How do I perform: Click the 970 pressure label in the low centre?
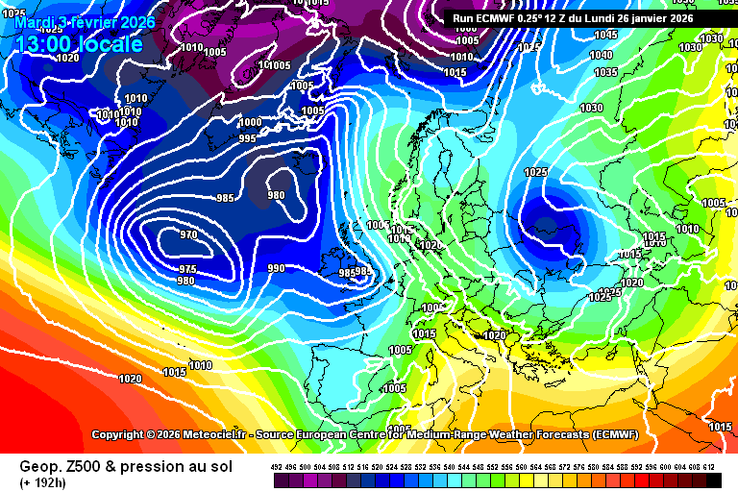pos(188,235)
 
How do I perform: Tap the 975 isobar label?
pos(188,269)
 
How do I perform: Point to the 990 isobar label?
pos(276,268)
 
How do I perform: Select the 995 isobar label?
pos(247,139)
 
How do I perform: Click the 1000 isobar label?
pos(250,122)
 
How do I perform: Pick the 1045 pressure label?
pos(605,35)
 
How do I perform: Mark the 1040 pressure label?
pos(602,55)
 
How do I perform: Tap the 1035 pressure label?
pos(605,73)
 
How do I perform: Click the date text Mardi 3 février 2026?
pos(85,22)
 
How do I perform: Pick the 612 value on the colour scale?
pos(709,466)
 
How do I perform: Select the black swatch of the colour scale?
pos(713,480)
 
